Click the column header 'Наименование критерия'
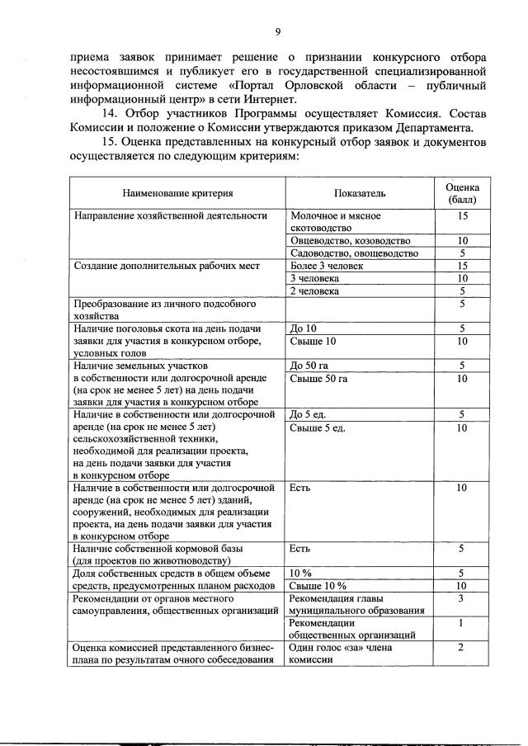pos(177,193)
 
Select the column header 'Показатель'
pos(360,193)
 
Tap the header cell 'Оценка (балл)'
pos(462,193)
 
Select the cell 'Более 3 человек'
pos(327,267)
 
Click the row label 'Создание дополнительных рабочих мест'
pos(167,267)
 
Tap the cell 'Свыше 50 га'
pos(319,379)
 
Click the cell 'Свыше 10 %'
pos(318,586)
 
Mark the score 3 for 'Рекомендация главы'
pos(462,598)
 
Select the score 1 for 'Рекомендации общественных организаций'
pos(462,623)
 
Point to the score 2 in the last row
pos(462,649)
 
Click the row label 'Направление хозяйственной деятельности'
pos(171,216)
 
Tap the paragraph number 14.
pos(108,113)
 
